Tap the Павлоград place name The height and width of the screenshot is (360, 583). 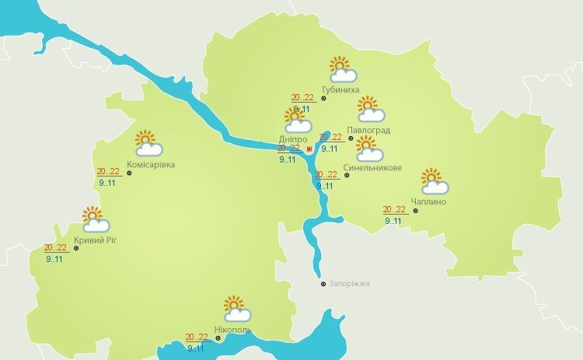coord(368,130)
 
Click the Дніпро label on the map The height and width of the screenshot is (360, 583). coord(293,139)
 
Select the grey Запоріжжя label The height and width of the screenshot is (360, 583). coord(349,284)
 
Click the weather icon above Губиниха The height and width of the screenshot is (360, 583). coord(342,70)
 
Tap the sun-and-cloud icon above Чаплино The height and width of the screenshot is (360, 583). coord(435,181)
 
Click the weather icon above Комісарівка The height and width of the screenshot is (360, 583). coord(148,143)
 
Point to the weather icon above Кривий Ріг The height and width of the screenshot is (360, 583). coord(95,220)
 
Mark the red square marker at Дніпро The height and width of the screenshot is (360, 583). coord(310,148)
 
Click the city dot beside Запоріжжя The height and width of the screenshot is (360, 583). coord(323,284)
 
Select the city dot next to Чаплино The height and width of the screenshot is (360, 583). coord(415,210)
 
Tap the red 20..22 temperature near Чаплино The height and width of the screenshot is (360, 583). coord(395,210)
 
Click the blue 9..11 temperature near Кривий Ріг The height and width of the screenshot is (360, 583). coord(54,259)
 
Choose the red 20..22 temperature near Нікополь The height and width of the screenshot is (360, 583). coord(197,337)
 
